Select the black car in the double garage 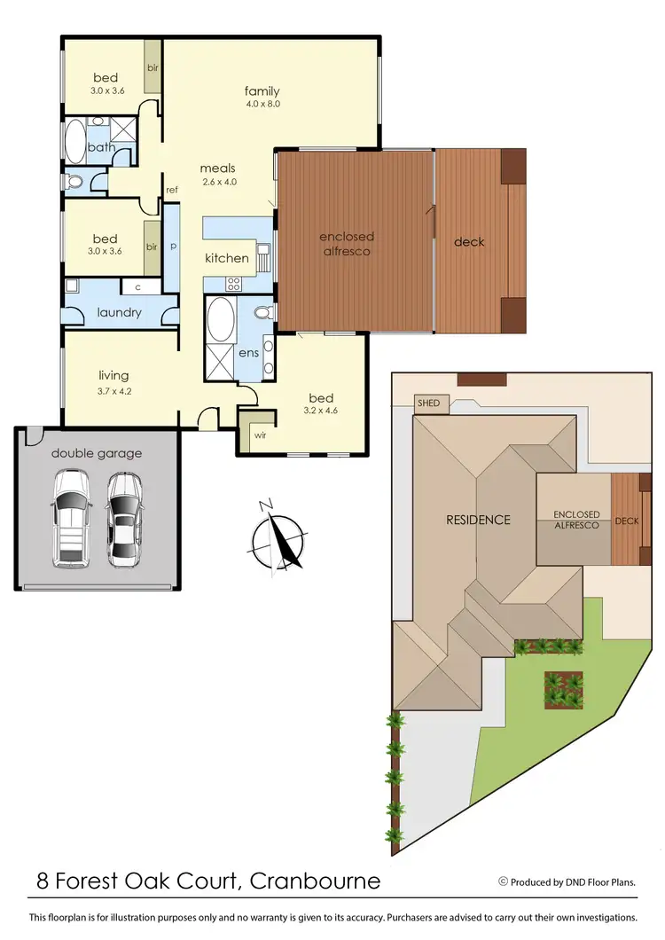[124, 520]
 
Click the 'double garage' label [96, 453]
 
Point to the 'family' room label [262, 90]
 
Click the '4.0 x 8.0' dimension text [262, 105]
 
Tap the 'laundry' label [119, 312]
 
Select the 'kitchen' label [227, 258]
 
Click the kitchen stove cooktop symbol [234, 284]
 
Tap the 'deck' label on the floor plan [469, 242]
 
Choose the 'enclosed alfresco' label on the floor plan [347, 244]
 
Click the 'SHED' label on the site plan [428, 403]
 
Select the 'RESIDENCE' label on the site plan [477, 520]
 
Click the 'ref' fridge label [171, 189]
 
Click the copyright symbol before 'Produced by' [503, 881]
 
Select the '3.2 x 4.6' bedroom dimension [321, 411]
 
